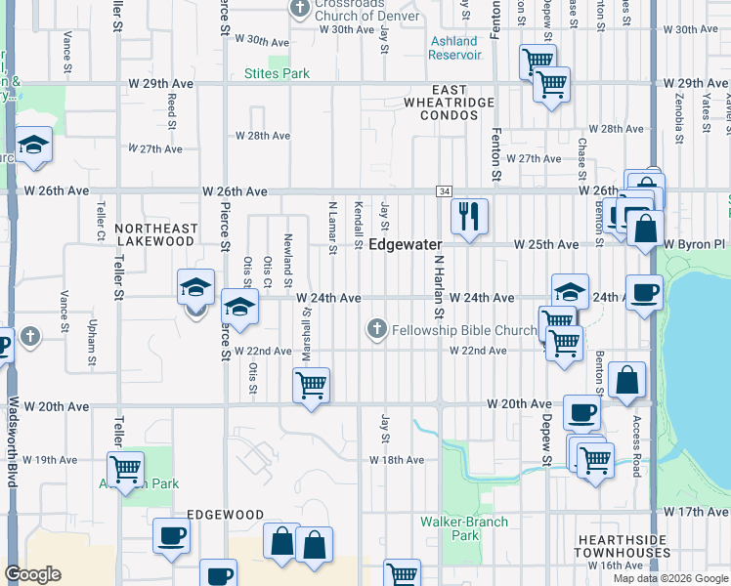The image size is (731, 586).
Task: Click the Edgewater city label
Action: point(407,244)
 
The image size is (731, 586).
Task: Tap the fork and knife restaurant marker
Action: point(470,215)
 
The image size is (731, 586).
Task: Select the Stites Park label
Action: point(277,73)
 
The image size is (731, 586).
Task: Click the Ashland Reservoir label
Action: point(455,48)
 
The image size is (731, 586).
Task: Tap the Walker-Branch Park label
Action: point(465,528)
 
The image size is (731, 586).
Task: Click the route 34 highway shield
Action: point(445,191)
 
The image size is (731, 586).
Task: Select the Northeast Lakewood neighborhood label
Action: point(156,234)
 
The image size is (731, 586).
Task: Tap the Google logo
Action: point(33,574)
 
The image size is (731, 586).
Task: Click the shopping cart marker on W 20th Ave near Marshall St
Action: point(311,385)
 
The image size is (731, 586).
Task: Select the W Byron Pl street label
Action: point(695,243)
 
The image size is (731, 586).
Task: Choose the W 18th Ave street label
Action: point(397,459)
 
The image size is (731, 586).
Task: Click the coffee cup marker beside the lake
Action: point(644,292)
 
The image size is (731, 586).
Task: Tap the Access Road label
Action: point(635,446)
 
